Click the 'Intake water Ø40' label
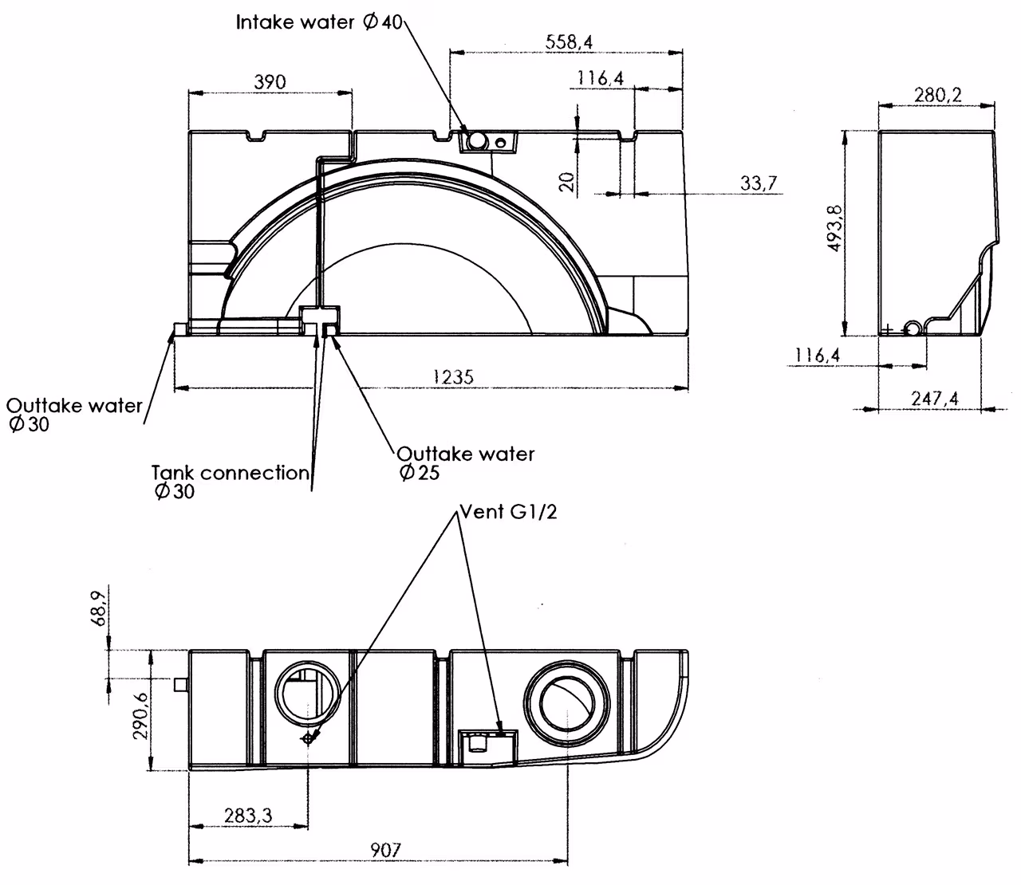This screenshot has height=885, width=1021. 319,22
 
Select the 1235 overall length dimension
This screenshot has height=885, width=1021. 453,377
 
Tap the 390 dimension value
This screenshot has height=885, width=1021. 270,82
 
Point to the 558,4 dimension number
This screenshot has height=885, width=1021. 569,42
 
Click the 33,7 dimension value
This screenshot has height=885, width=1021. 759,183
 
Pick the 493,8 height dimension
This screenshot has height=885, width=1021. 835,228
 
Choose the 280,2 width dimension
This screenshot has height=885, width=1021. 937,95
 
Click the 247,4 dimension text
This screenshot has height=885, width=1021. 934,398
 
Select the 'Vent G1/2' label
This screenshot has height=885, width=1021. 508,512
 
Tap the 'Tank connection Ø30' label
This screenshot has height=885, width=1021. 231,482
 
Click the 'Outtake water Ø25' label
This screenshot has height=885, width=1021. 465,463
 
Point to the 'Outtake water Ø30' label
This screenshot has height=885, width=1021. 74,415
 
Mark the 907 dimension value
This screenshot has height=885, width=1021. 385,850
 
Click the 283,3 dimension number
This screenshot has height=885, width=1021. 248,816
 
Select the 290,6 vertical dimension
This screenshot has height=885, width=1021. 140,716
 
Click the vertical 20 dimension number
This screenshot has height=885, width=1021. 568,182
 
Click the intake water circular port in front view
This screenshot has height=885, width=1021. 476,141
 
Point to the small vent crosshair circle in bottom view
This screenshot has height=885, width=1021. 308,737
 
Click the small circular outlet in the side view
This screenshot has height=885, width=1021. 913,328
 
